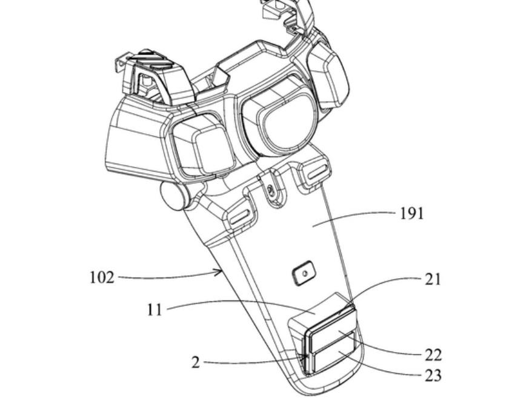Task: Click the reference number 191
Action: (x=411, y=213)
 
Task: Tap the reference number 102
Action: (x=102, y=278)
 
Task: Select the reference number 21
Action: (x=433, y=279)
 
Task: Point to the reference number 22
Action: (x=433, y=355)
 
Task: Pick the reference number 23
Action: (x=433, y=376)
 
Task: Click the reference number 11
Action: (x=154, y=310)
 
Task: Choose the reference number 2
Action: (x=196, y=362)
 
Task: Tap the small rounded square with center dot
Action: (x=304, y=273)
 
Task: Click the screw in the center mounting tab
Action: (x=270, y=189)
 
